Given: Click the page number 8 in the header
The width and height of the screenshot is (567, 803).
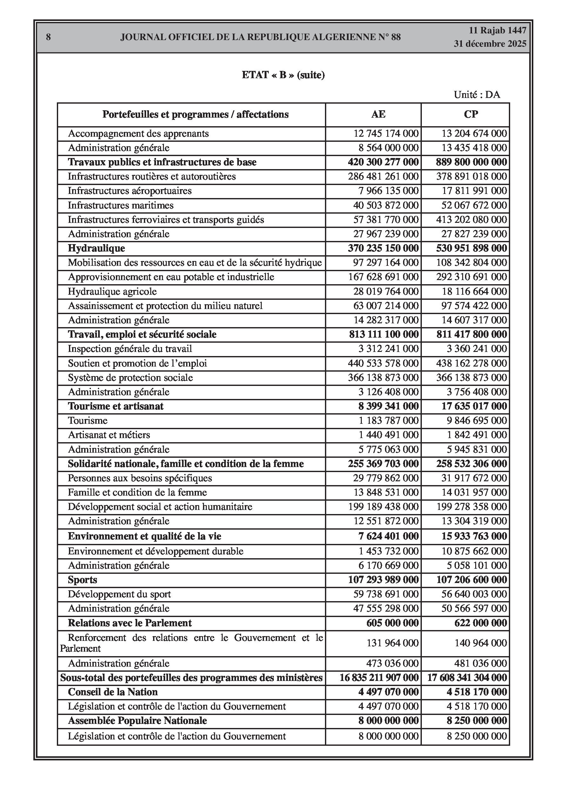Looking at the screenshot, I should coord(48,37).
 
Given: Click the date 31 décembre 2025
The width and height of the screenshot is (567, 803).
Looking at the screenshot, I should coord(490,44).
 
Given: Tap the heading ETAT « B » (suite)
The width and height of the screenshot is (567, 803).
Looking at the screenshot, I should coord(283,75).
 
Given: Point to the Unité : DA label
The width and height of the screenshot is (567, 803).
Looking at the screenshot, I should coord(477,94).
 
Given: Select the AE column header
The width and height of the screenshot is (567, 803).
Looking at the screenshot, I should coord(378,114).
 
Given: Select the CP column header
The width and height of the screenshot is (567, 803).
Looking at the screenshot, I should coord(470,114).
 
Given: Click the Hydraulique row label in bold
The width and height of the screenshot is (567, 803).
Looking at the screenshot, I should coord(96,248).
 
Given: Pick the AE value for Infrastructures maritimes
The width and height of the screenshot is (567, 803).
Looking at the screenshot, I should coord(386,205).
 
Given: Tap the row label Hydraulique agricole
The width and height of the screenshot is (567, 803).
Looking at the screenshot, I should coord(112,291).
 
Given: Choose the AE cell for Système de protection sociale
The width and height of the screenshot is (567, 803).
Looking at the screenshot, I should coord(383,378).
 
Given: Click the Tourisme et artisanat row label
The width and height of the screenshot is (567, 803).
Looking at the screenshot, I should coord(115,406).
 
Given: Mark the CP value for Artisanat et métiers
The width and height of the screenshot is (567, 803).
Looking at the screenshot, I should coord(476,435).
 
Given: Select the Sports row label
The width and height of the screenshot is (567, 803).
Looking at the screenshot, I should coord(82,580).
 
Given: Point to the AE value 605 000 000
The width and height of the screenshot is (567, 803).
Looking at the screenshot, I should coord(393,623).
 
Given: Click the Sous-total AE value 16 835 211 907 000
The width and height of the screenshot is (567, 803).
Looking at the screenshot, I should coord(379,678).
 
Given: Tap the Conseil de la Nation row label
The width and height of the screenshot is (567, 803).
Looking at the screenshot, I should coord(112,692).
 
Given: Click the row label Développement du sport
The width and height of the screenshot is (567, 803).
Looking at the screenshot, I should coord(119,594).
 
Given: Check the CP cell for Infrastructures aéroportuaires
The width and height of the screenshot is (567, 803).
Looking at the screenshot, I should coord(474,191).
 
